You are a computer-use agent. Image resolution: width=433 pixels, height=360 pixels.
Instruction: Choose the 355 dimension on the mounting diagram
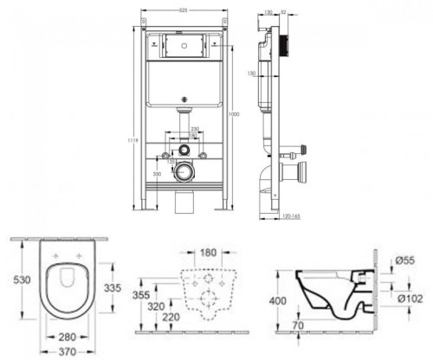140,295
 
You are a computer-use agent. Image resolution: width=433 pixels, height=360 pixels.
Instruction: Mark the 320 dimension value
156,305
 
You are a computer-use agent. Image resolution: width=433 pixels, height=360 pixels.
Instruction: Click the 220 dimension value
170,318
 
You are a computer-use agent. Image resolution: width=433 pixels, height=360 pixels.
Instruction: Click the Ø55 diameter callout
405,259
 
